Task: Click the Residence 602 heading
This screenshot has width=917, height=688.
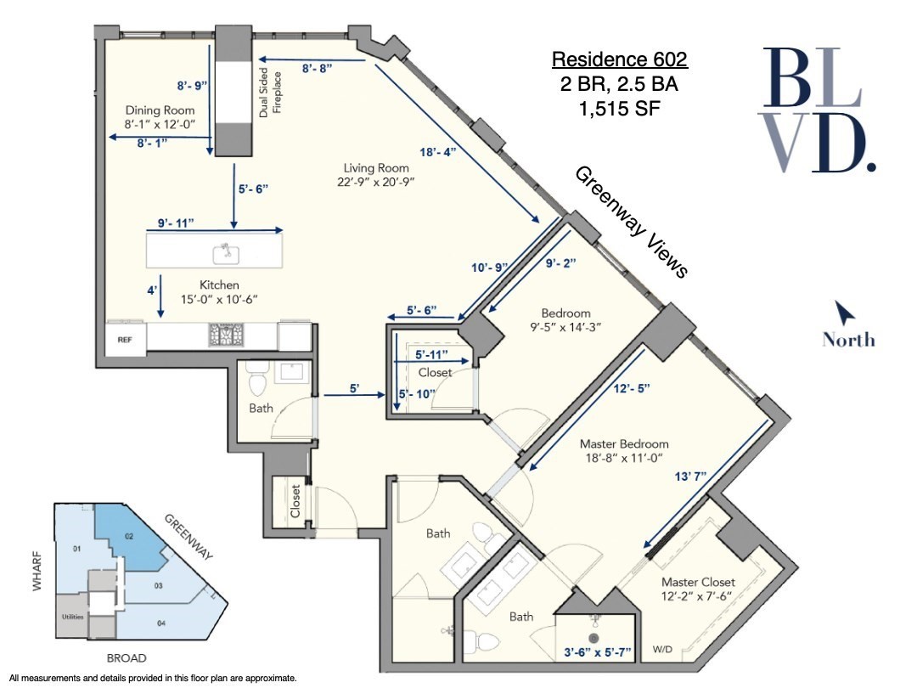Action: click(619, 60)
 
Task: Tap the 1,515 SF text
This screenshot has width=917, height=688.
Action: click(619, 108)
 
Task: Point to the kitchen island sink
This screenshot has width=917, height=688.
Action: click(226, 251)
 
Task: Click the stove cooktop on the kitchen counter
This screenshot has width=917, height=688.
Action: click(226, 336)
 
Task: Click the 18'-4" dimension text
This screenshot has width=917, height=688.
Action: click(438, 152)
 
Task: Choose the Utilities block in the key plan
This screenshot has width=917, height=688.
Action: click(72, 617)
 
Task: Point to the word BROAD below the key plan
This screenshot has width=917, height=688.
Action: click(127, 658)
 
